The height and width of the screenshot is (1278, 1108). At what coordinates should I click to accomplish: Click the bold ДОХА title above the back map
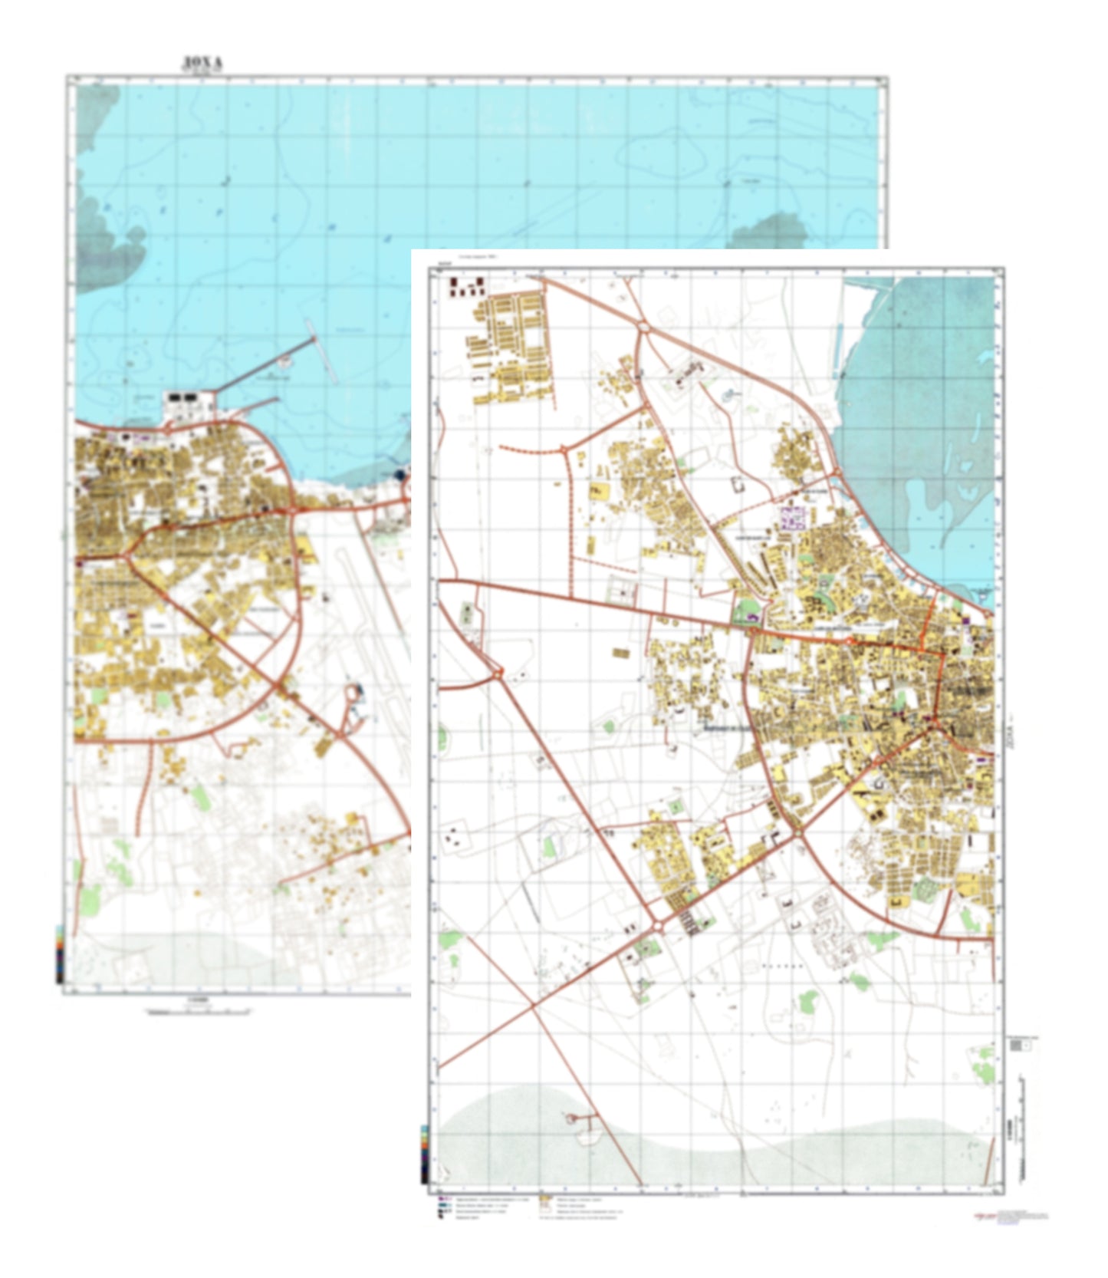point(202,62)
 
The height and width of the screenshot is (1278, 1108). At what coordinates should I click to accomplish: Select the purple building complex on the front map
point(791,517)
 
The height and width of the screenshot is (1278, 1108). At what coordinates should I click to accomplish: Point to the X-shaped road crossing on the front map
point(534,1005)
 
